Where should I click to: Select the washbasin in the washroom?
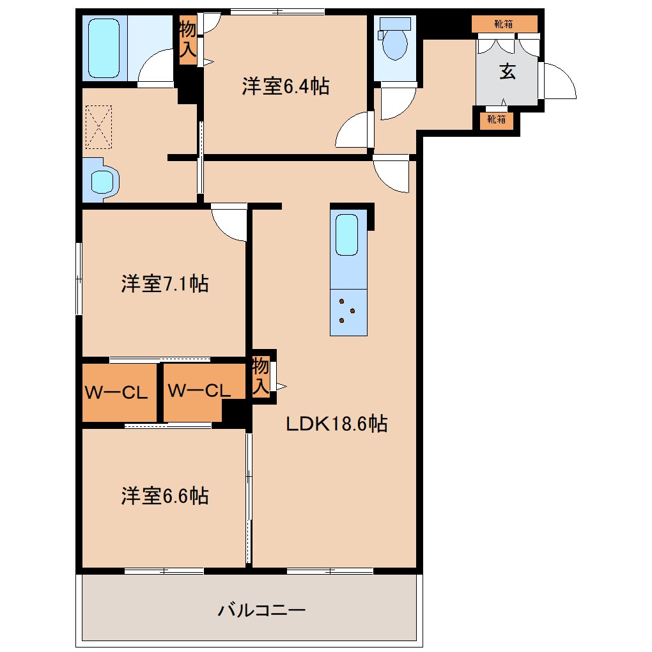(102, 180)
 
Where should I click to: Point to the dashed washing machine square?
(98, 128)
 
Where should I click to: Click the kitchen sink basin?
(348, 235)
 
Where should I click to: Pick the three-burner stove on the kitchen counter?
(348, 311)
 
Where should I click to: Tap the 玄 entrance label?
(507, 72)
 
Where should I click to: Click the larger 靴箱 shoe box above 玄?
(504, 24)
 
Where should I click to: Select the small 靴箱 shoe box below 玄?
(496, 119)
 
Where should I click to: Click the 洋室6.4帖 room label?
(285, 86)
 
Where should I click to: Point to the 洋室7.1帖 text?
(164, 284)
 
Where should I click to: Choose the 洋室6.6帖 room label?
(164, 496)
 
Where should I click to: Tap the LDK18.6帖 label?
(336, 423)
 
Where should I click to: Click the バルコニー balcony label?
(261, 610)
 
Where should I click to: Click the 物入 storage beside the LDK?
(261, 376)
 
